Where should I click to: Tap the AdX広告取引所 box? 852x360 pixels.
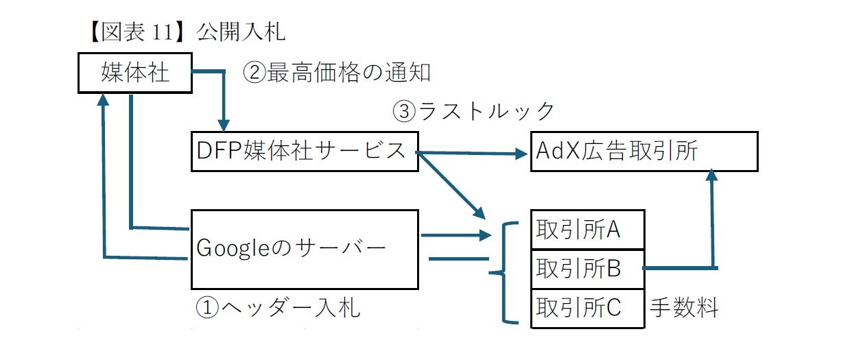coord(644,152)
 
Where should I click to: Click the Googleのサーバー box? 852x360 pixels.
coord(304,249)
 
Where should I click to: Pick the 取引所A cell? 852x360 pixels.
coord(588,230)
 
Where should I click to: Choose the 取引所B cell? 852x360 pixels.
coord(588,268)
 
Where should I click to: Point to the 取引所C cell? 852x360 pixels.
coord(588,307)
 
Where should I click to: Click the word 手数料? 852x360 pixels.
coord(684,308)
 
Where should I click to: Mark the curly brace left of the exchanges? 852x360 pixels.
coord(503,273)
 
